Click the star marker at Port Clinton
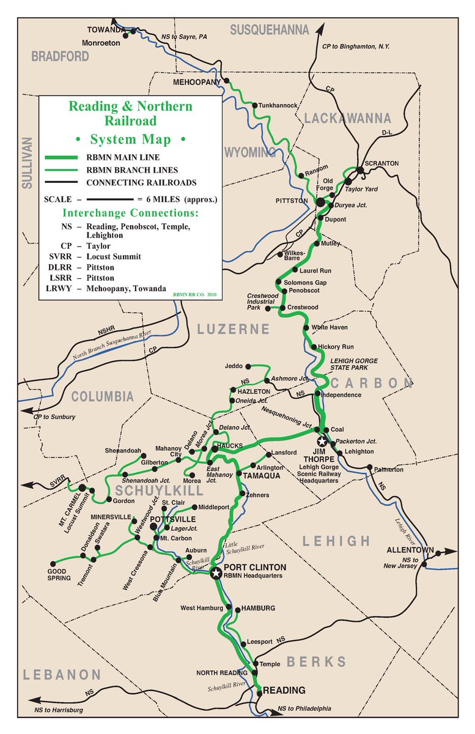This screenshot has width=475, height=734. [215, 574]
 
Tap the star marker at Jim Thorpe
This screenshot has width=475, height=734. [322, 441]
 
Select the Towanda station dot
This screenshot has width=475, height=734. [125, 35]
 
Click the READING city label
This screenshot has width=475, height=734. [284, 691]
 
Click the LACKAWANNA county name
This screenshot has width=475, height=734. [348, 117]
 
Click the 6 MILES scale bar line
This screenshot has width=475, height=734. [109, 199]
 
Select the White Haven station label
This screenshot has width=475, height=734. [330, 328]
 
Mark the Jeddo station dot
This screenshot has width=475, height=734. [248, 366]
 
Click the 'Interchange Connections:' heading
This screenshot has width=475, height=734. [130, 213]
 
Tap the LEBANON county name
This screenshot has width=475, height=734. [62, 675]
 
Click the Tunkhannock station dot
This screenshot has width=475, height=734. [254, 105]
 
